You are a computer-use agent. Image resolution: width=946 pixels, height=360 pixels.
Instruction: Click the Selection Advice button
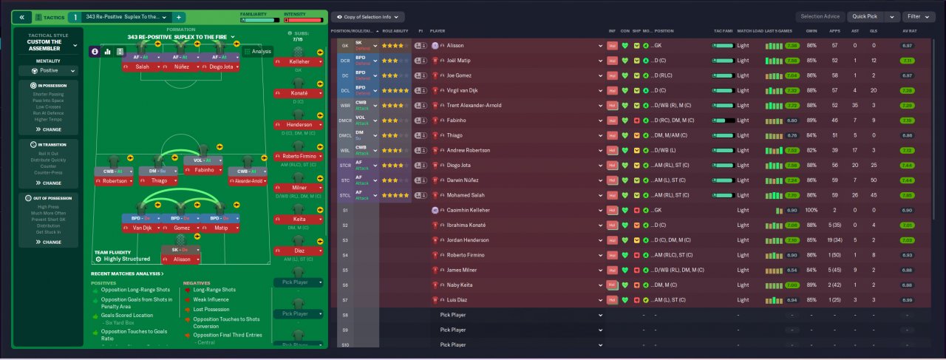(820, 16)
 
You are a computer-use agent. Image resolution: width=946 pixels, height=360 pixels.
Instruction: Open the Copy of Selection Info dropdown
(367, 16)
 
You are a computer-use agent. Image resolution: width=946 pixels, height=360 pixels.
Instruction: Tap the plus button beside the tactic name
(180, 16)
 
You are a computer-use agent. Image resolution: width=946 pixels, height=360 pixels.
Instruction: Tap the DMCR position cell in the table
(345, 120)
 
